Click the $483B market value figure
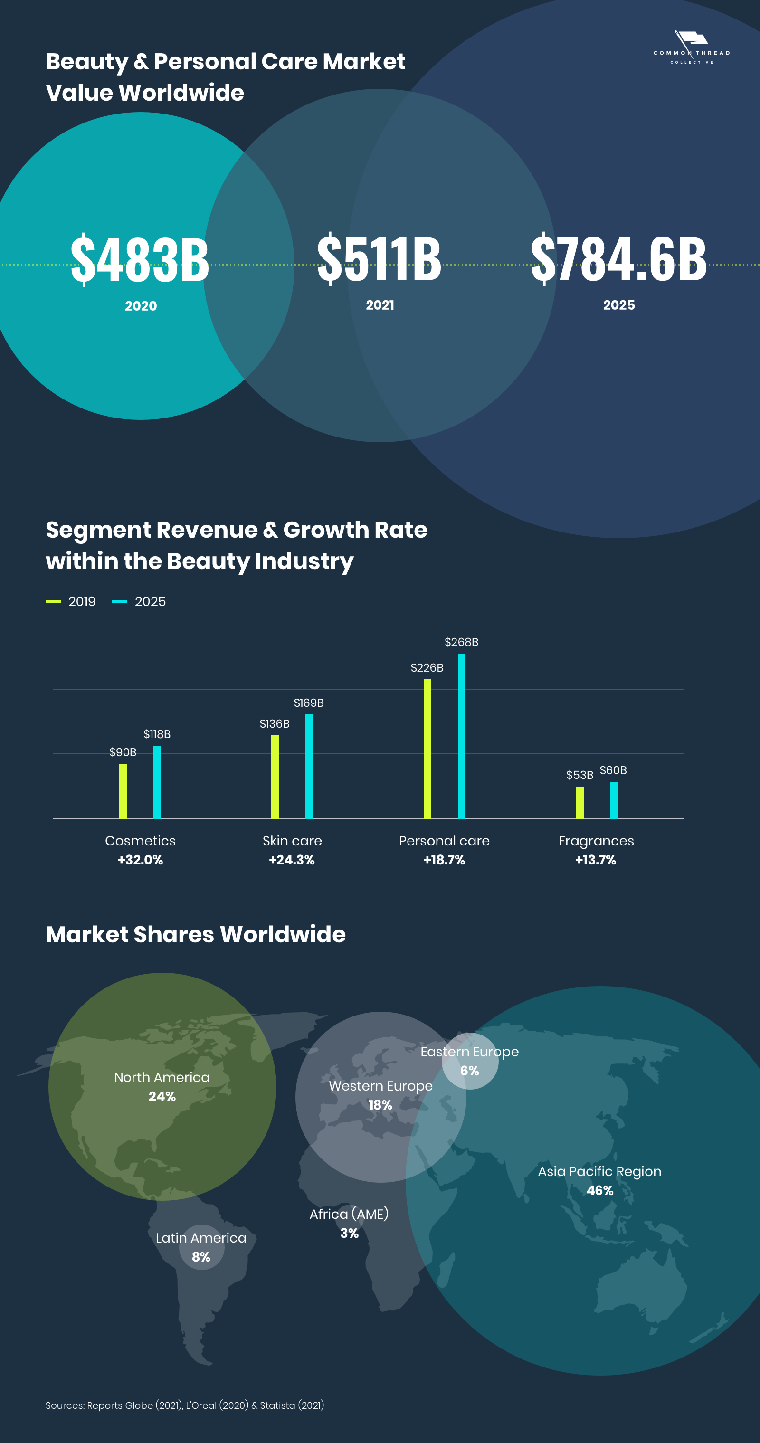click(x=140, y=259)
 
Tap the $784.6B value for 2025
click(x=618, y=258)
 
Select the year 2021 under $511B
click(x=380, y=305)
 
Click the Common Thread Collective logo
click(x=692, y=47)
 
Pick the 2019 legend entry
click(x=71, y=602)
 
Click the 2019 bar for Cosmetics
click(x=123, y=791)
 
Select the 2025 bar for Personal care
click(x=462, y=736)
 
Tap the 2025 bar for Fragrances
click(x=613, y=800)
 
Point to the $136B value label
click(x=275, y=724)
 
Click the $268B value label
click(x=462, y=642)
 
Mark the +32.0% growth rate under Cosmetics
click(x=140, y=860)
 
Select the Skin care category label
click(x=292, y=841)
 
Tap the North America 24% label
click(x=162, y=1087)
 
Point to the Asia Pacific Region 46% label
click(x=599, y=1181)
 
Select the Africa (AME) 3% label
click(x=349, y=1224)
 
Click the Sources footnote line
click(x=185, y=1405)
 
